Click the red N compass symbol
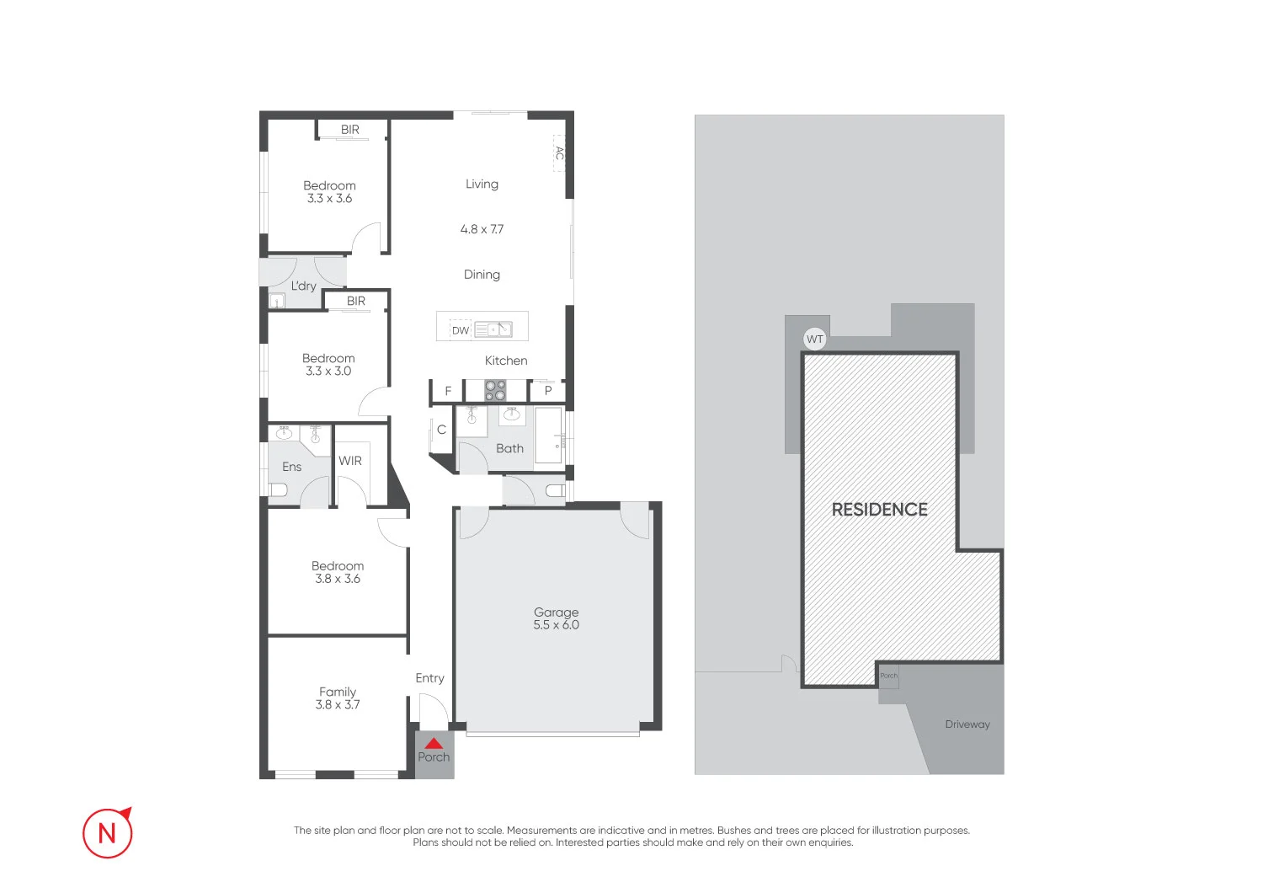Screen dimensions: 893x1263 [x=108, y=832]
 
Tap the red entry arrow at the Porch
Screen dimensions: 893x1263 [x=434, y=744]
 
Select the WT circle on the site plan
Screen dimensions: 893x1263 [x=814, y=340]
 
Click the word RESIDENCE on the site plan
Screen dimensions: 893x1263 [x=879, y=510]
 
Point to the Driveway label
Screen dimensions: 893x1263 [x=967, y=725]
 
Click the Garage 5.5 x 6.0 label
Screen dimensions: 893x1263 [x=556, y=618]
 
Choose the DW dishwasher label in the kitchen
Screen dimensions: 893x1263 [x=461, y=330]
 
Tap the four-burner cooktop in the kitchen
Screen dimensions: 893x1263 [x=495, y=390]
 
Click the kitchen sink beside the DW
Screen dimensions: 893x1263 [x=493, y=329]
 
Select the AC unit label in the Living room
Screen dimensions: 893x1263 [x=559, y=153]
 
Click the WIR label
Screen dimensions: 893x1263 [x=350, y=461]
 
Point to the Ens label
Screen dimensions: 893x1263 [x=291, y=467]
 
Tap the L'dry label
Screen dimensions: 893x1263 [x=303, y=286]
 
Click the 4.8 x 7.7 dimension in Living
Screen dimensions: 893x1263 [x=482, y=229]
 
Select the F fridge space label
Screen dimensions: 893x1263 [x=448, y=391]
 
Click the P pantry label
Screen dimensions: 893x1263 [x=548, y=391]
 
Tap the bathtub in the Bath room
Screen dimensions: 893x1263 [x=549, y=435]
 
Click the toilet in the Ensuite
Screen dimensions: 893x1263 [x=279, y=489]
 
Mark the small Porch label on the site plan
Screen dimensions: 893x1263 [x=888, y=676]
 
